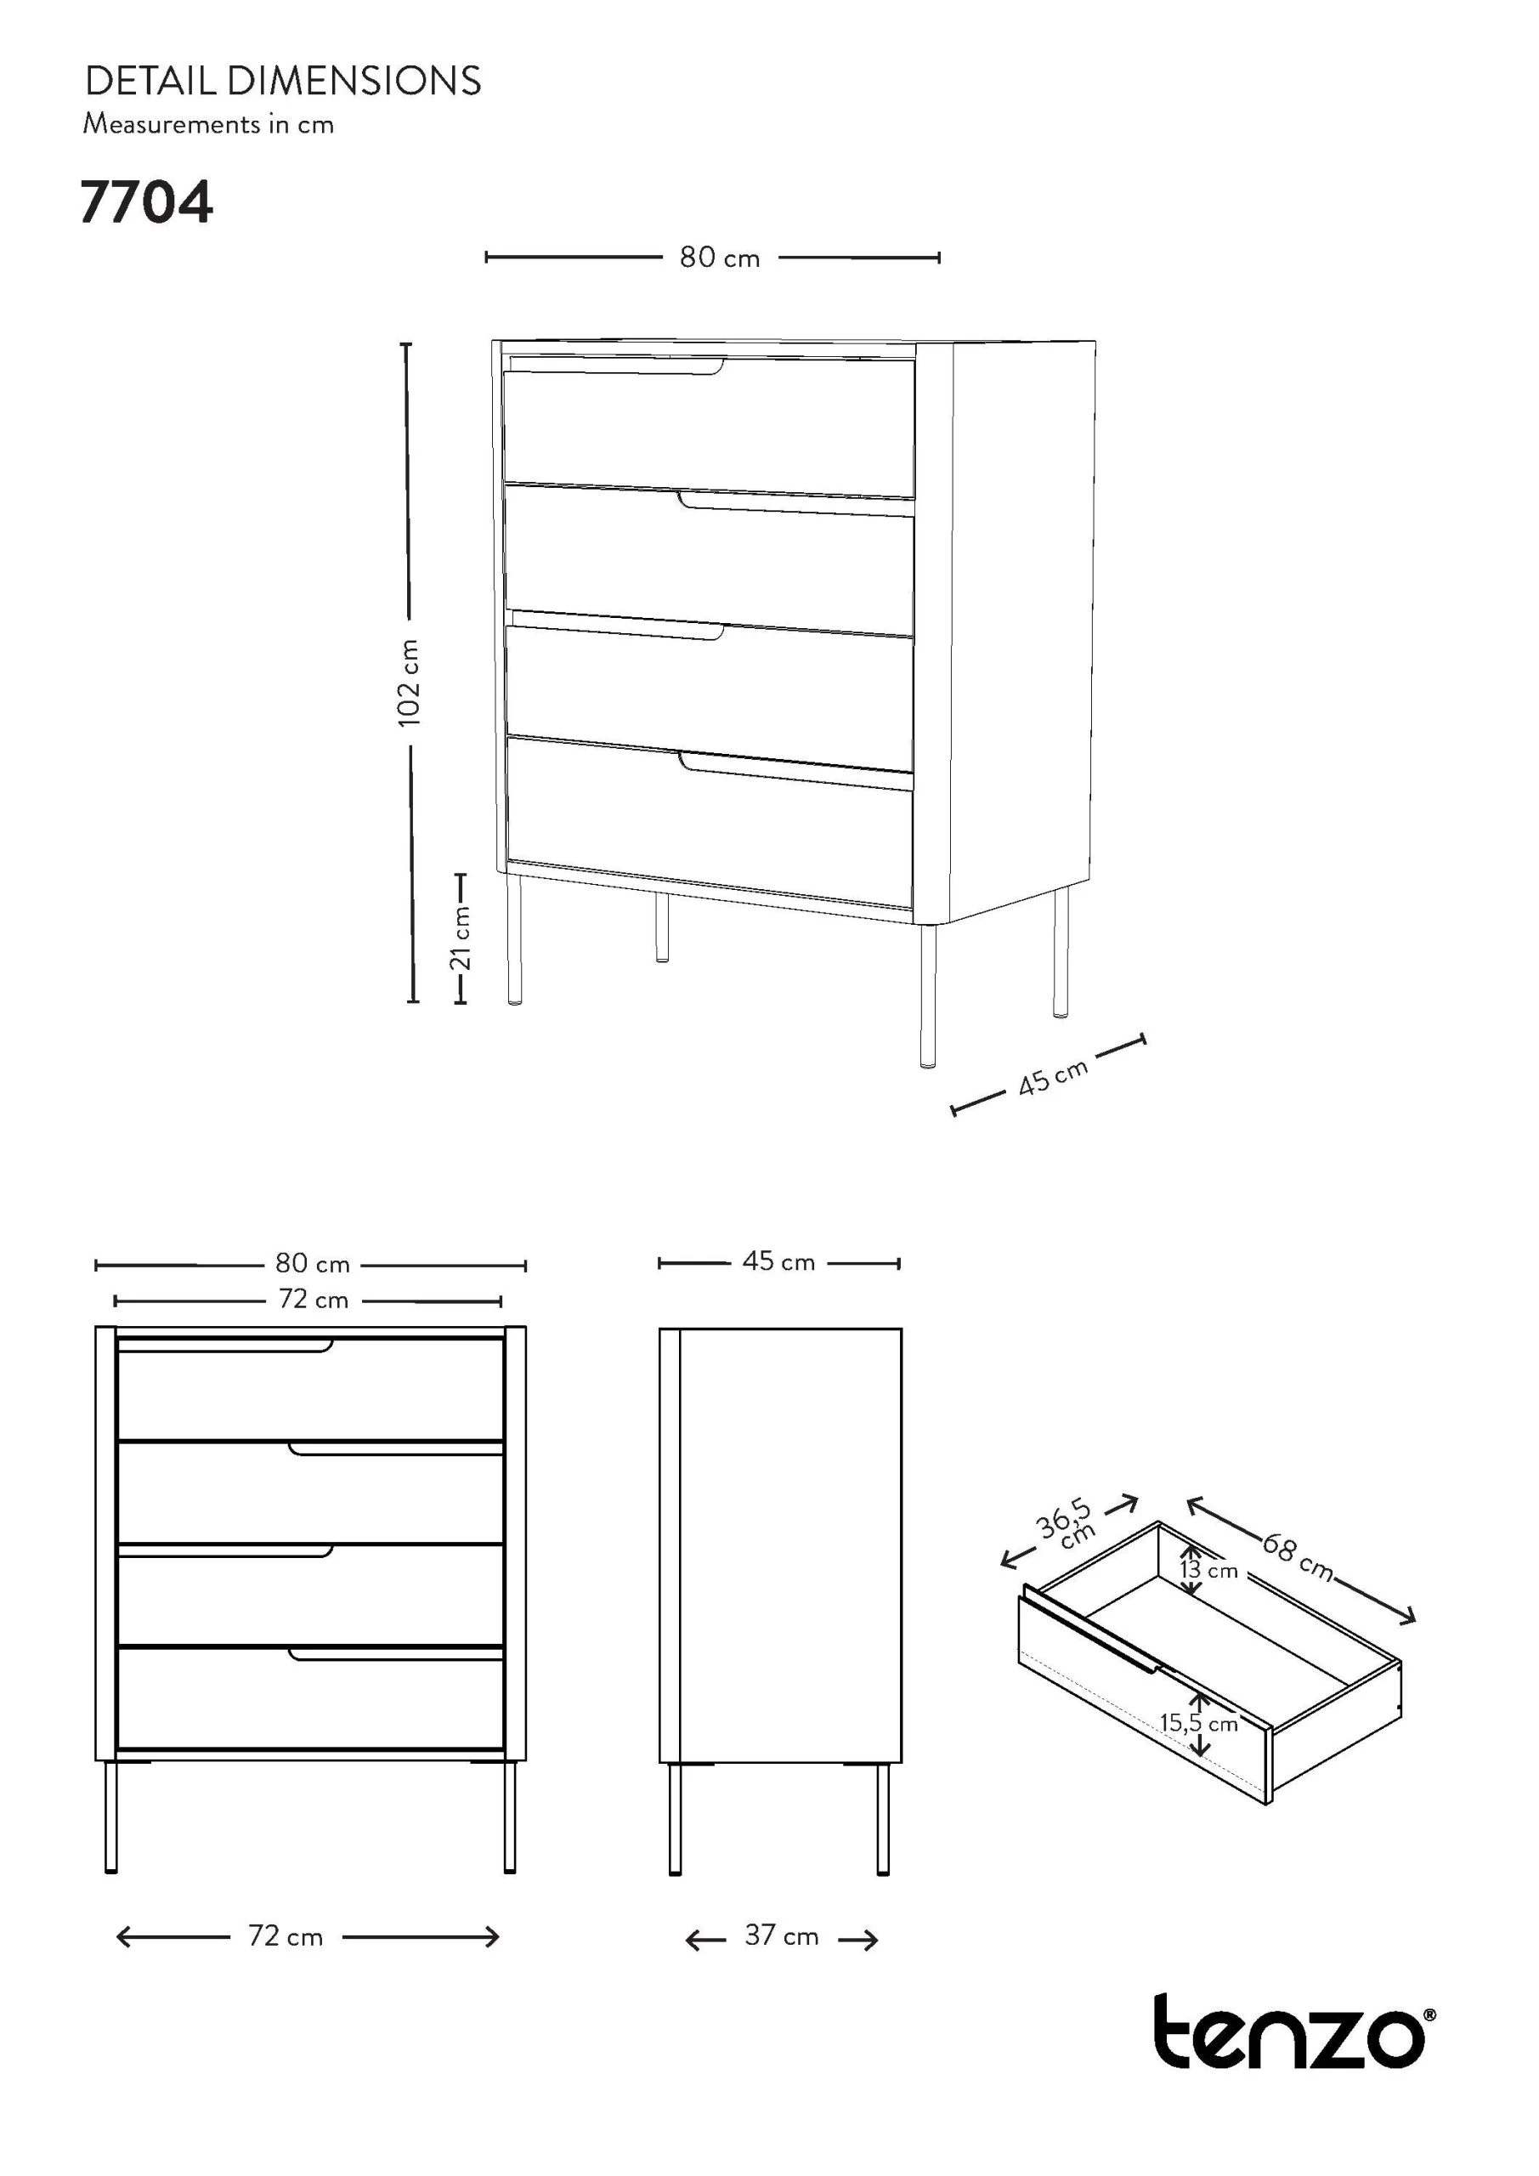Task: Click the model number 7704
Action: point(147,203)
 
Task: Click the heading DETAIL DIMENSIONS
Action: point(283,82)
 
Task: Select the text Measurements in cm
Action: point(208,124)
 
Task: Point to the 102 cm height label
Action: point(409,683)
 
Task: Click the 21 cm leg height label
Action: point(461,938)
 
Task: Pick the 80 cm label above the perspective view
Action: point(719,258)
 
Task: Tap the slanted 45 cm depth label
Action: point(1053,1079)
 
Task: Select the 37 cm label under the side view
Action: point(781,1935)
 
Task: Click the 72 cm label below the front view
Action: point(286,1936)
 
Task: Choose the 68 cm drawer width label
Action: point(1297,1555)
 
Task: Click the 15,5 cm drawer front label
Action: point(1199,1723)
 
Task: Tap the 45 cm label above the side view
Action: point(779,1261)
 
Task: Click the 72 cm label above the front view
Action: point(314,1300)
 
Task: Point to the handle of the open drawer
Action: point(1094,1629)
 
